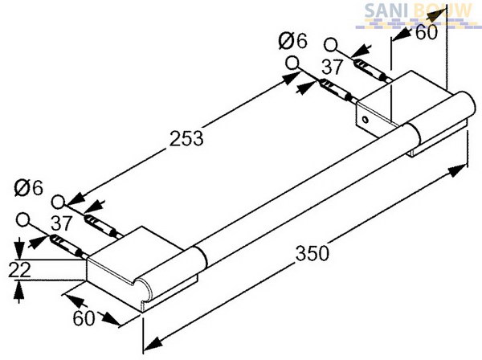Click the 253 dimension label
pyautogui.click(x=186, y=138)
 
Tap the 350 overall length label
pyautogui.click(x=312, y=253)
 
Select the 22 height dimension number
pyautogui.click(x=19, y=269)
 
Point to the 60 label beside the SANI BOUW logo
pyautogui.click(x=427, y=32)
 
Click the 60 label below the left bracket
pyautogui.click(x=84, y=318)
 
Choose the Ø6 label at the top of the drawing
pyautogui.click(x=292, y=41)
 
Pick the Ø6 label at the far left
pyautogui.click(x=28, y=188)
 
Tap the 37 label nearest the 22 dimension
pyautogui.click(x=62, y=223)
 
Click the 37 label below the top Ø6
pyautogui.click(x=332, y=67)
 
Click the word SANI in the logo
pyautogui.click(x=387, y=11)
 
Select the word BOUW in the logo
pyautogui.click(x=443, y=10)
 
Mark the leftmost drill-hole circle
pyautogui.click(x=22, y=220)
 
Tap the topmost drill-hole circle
pyautogui.click(x=330, y=44)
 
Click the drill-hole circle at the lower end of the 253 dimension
pyautogui.click(x=58, y=202)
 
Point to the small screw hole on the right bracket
pyautogui.click(x=365, y=119)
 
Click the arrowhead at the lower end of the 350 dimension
pyautogui.click(x=152, y=343)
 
